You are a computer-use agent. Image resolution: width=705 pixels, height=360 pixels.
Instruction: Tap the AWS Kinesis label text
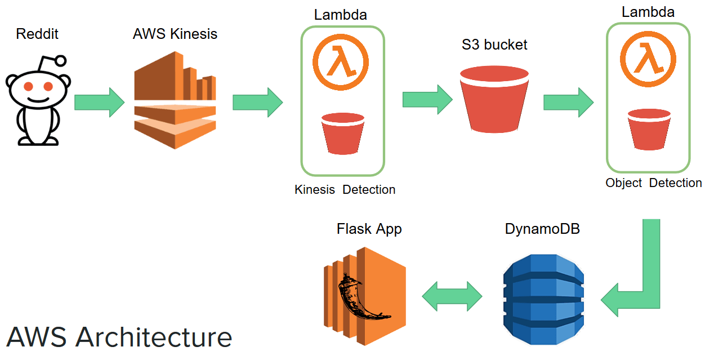175,34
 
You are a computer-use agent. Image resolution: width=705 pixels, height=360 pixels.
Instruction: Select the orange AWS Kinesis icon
175,100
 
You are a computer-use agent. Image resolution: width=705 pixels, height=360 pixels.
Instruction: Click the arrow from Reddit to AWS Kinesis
99,102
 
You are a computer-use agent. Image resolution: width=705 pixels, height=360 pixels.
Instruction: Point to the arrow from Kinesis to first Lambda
257,102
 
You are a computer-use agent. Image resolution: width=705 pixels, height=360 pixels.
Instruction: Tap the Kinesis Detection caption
345,190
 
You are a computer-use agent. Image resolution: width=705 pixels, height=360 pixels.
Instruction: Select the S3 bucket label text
494,45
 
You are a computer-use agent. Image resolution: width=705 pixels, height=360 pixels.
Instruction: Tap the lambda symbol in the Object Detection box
647,59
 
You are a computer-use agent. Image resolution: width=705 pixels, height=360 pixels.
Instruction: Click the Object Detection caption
653,183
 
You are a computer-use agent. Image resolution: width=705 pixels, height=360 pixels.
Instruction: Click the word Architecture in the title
153,337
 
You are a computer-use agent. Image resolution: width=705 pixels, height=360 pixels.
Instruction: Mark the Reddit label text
37,34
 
